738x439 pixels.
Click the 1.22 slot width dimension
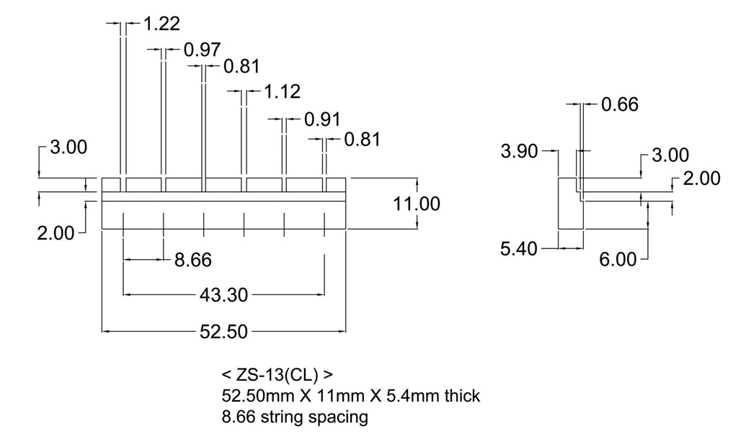click(x=161, y=24)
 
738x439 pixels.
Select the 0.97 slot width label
click(x=203, y=50)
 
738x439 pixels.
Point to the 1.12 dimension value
click(x=282, y=91)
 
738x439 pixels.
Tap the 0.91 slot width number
click(x=322, y=119)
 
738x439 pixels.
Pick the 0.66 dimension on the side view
click(x=620, y=104)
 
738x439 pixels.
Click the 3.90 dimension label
click(x=519, y=151)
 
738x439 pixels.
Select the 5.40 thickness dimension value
click(x=519, y=248)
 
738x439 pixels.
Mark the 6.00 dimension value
click(x=618, y=259)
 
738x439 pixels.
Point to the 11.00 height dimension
click(x=417, y=204)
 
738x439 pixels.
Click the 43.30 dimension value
click(x=223, y=295)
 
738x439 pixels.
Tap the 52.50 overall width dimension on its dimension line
click(x=223, y=332)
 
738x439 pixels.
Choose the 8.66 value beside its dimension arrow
click(x=193, y=260)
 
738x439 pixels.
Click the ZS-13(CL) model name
click(x=277, y=375)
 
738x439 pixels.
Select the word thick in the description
click(x=462, y=396)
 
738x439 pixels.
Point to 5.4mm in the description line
click(x=413, y=396)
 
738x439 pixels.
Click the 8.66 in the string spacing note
click(x=239, y=417)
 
